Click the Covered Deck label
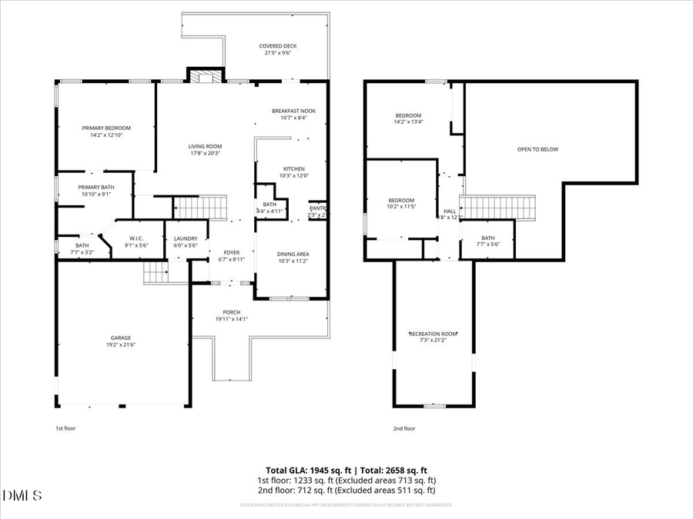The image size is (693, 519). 277,46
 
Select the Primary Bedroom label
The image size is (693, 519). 106,128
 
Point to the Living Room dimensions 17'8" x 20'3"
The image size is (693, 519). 205,153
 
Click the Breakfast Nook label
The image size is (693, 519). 293,111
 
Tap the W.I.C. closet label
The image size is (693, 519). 137,238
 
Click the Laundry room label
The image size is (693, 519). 186,238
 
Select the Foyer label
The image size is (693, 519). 232,252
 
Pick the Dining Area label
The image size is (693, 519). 293,254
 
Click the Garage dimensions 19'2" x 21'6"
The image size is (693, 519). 120,345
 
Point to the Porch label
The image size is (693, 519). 232,312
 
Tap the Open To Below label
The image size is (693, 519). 537,149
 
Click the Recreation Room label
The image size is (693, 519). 433,334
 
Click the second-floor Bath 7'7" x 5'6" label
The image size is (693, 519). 488,238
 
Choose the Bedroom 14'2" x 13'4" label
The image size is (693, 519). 408,115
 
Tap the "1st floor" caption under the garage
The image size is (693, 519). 65,428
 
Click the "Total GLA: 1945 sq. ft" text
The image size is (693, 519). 304,469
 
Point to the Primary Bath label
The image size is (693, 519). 96,187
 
